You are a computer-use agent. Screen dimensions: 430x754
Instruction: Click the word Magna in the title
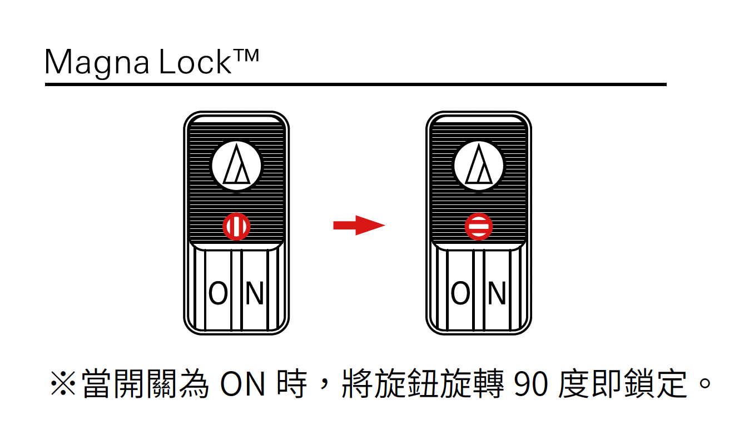point(96,63)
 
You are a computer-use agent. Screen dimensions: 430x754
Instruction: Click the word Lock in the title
point(194,63)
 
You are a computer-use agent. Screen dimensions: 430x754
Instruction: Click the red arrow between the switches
point(359,225)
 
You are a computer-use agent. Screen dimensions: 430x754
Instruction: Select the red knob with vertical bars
point(236,227)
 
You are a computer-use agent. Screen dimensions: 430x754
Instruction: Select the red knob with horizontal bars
point(479,227)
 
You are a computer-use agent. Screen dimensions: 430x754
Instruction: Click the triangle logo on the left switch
point(236,166)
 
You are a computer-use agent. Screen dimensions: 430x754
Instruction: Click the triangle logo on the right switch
point(479,166)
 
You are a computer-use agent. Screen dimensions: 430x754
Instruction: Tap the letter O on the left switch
point(218,293)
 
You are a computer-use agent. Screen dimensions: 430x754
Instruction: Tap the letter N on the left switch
point(254,293)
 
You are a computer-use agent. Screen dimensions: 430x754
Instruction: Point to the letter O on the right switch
point(460,293)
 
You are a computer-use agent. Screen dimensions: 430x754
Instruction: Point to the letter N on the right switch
point(497,293)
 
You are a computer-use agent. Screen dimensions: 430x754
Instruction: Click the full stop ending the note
point(705,383)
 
